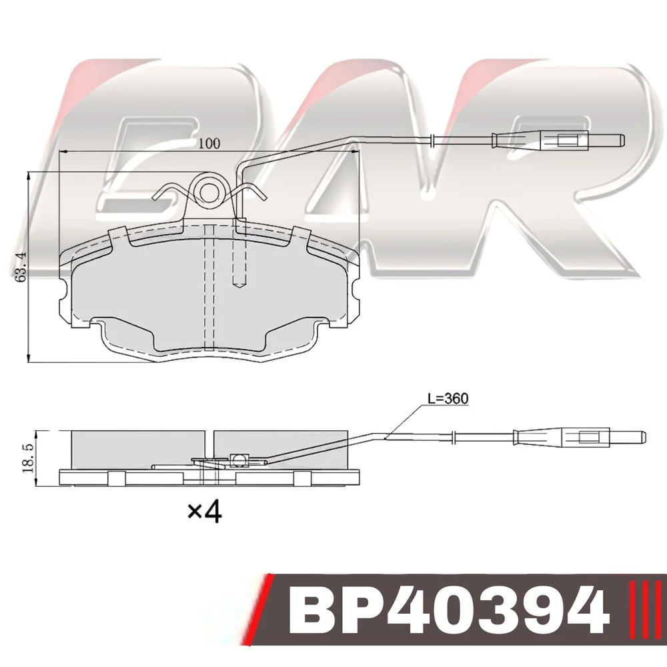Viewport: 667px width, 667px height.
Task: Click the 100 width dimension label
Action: pos(209,143)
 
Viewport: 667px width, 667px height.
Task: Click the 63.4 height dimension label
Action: pos(20,266)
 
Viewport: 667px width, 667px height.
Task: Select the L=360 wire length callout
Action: pos(448,398)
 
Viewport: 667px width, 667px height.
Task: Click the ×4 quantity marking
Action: pos(205,512)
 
